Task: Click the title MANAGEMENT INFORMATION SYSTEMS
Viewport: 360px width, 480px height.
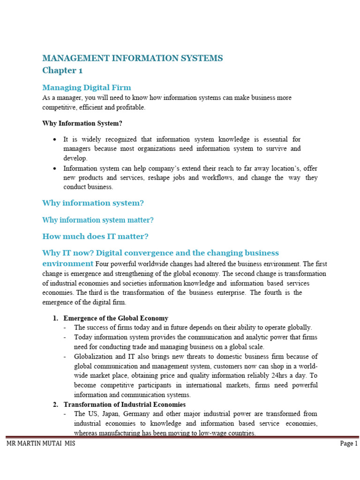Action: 133,58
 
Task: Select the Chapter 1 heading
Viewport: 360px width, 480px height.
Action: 59,70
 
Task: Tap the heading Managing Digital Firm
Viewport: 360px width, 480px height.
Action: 87,88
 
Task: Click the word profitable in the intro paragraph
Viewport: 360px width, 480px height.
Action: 126,107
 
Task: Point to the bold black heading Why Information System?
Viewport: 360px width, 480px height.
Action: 82,124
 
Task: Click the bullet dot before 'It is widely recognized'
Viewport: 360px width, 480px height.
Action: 55,140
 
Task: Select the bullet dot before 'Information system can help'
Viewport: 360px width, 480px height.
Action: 55,168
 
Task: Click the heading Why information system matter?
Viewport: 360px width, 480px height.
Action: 98,220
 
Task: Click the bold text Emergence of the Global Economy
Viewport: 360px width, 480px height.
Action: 116,318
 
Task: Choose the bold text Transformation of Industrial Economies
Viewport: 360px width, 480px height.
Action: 125,404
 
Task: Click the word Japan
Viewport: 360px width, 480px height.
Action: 109,414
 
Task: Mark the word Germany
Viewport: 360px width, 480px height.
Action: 140,414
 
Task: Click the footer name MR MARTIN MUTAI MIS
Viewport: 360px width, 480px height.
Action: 40,443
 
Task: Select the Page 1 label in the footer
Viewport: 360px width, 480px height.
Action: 349,443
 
